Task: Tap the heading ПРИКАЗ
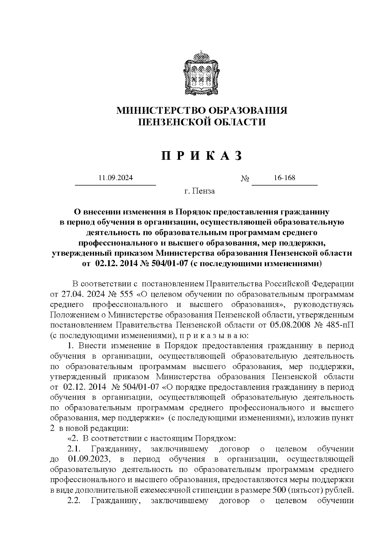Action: click(202, 156)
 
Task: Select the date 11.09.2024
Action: click(116, 178)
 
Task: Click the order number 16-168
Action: click(284, 178)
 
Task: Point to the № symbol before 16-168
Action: click(245, 179)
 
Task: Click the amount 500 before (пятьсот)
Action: click(279, 490)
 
